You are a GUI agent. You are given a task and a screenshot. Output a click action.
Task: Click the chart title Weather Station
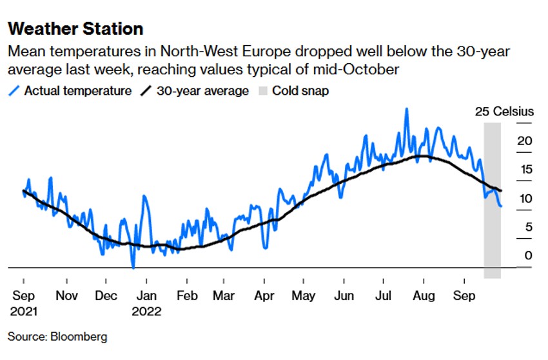75,29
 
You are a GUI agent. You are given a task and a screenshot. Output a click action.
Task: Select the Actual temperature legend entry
77,91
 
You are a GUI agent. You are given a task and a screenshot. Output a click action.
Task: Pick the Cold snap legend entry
300,91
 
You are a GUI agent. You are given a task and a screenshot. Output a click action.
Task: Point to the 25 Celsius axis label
504,112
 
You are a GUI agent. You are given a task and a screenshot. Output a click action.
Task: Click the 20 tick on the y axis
525,141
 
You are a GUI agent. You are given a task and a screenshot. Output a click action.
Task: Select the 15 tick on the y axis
525,170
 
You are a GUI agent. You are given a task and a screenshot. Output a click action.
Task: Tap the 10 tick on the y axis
525,198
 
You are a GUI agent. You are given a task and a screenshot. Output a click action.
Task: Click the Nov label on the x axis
66,296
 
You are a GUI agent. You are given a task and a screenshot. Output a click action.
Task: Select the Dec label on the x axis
106,296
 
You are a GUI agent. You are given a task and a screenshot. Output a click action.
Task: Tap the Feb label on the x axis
186,296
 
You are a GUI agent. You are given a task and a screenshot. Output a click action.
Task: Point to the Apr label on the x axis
264,296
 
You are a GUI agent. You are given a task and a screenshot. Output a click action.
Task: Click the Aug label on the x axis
424,296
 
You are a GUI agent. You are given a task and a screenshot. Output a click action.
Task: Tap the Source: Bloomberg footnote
57,337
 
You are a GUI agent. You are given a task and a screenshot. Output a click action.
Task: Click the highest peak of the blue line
407,109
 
